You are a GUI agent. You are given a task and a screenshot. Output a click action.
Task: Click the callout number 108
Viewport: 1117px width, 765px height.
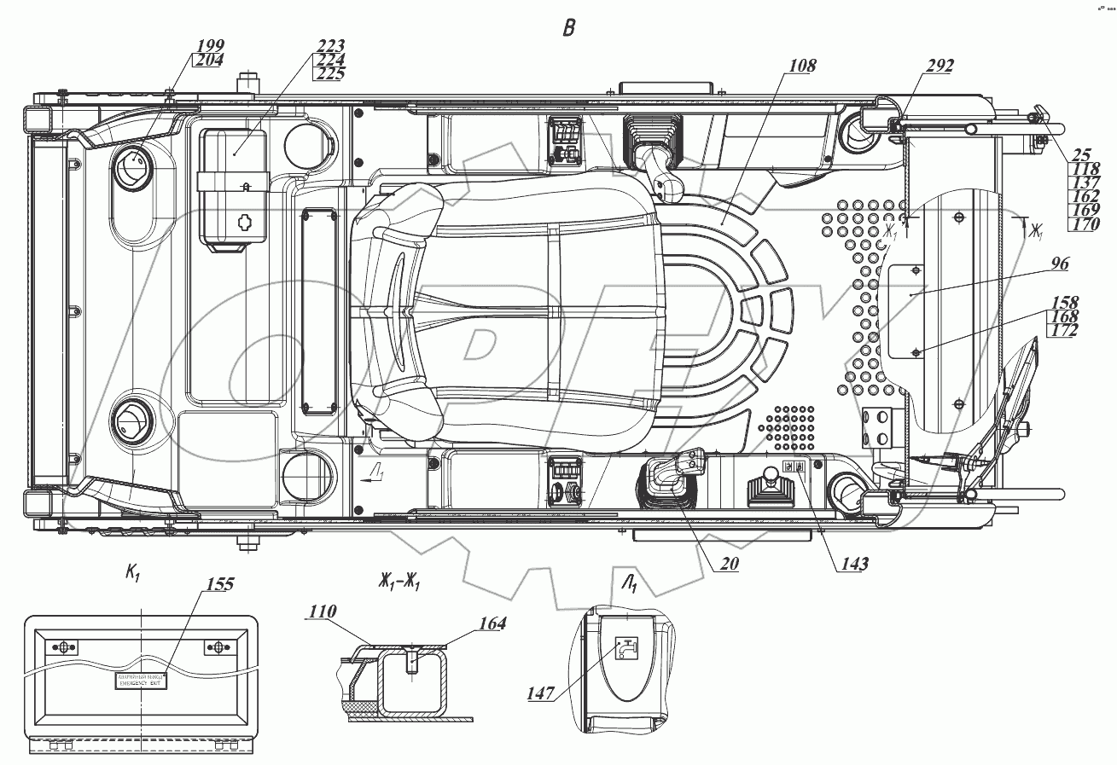pos(803,65)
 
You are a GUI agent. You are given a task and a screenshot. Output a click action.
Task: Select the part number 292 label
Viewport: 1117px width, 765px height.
pos(940,65)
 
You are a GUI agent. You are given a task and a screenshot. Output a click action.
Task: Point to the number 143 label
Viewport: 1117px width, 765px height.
pos(853,564)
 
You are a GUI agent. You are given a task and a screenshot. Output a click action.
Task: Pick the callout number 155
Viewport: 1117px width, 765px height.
pos(219,584)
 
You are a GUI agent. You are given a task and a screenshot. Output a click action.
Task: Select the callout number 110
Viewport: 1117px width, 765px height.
pos(324,611)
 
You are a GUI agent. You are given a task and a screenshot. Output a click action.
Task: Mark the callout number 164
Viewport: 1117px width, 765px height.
pos(491,623)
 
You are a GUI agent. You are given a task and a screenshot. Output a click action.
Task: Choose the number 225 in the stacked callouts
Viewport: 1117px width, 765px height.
pos(329,73)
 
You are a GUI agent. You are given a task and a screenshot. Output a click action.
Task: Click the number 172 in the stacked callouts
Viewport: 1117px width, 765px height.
pos(1065,329)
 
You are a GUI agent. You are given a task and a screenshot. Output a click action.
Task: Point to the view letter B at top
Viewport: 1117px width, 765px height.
pos(568,28)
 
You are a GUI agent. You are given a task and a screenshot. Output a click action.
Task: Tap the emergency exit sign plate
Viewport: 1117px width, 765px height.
pos(141,681)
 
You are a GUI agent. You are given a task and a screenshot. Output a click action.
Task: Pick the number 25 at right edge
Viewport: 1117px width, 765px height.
pos(1082,155)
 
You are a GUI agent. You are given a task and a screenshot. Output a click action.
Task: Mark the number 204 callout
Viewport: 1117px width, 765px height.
pos(209,60)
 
